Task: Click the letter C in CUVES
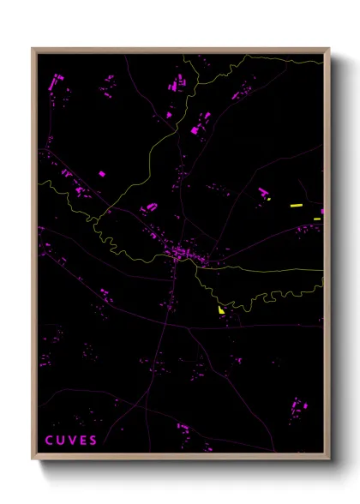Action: tap(49, 441)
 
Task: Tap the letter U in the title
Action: tap(60, 441)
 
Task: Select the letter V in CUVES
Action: tap(72, 441)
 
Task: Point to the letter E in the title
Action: tap(83, 441)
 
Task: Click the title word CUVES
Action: tap(71, 441)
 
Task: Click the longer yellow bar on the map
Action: tap(297, 206)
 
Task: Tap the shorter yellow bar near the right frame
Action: tap(317, 219)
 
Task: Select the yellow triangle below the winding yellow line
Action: tap(221, 309)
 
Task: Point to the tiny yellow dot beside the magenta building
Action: tap(269, 199)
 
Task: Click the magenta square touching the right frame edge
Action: tap(322, 211)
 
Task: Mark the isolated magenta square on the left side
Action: tap(102, 174)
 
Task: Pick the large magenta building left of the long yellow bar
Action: tap(263, 192)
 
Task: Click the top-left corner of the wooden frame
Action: tap(33, 48)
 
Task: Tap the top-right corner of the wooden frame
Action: tap(329, 48)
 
